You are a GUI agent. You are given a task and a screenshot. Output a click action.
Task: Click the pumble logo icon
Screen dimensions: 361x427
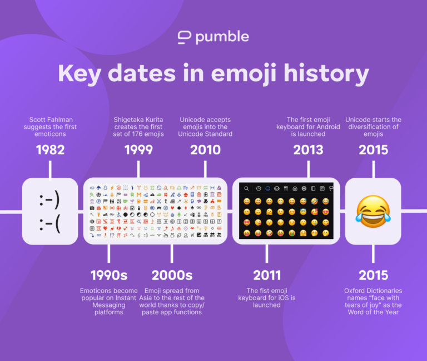(184, 37)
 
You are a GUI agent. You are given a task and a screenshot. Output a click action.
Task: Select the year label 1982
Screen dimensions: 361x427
(50, 150)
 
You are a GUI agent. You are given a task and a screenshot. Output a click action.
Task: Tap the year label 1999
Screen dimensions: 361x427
(139, 150)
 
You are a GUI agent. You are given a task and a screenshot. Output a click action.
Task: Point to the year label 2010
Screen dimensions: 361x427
(205, 150)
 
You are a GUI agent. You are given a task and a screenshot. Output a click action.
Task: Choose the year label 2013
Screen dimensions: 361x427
(308, 150)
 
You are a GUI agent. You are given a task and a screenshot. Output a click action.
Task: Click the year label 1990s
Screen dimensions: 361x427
(109, 275)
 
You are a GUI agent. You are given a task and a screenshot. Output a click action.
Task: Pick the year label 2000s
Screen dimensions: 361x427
(172, 275)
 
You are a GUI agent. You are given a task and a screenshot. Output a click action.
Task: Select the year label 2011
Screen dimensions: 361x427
(267, 275)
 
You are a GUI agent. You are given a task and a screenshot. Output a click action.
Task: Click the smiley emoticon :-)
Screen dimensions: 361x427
(50, 198)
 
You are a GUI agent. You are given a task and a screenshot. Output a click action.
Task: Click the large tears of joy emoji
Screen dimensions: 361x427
(373, 211)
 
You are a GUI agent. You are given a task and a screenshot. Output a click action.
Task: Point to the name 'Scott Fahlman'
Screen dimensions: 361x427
(50, 120)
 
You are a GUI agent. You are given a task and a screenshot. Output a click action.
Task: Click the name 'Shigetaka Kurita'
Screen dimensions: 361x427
(139, 120)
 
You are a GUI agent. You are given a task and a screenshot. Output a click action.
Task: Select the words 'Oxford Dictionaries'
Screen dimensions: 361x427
(373, 291)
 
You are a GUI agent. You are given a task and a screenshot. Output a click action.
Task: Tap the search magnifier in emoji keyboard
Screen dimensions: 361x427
(246, 189)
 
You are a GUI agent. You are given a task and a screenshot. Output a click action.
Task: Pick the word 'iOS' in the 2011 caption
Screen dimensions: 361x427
(287, 298)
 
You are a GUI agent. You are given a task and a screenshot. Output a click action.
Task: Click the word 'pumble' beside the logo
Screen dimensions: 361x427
(222, 37)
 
